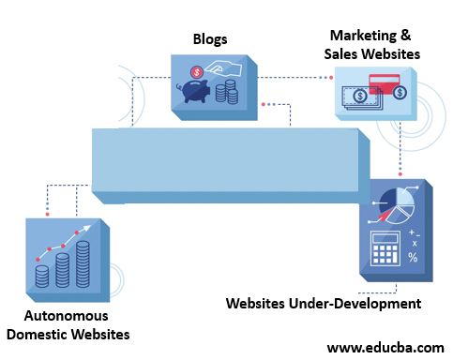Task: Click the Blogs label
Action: click(x=208, y=39)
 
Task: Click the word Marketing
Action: click(x=354, y=36)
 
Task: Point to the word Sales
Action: click(x=343, y=53)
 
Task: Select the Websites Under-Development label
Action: click(x=324, y=304)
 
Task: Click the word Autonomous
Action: click(x=67, y=316)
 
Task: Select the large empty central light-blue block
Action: click(x=225, y=164)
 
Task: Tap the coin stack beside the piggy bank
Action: click(x=226, y=92)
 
